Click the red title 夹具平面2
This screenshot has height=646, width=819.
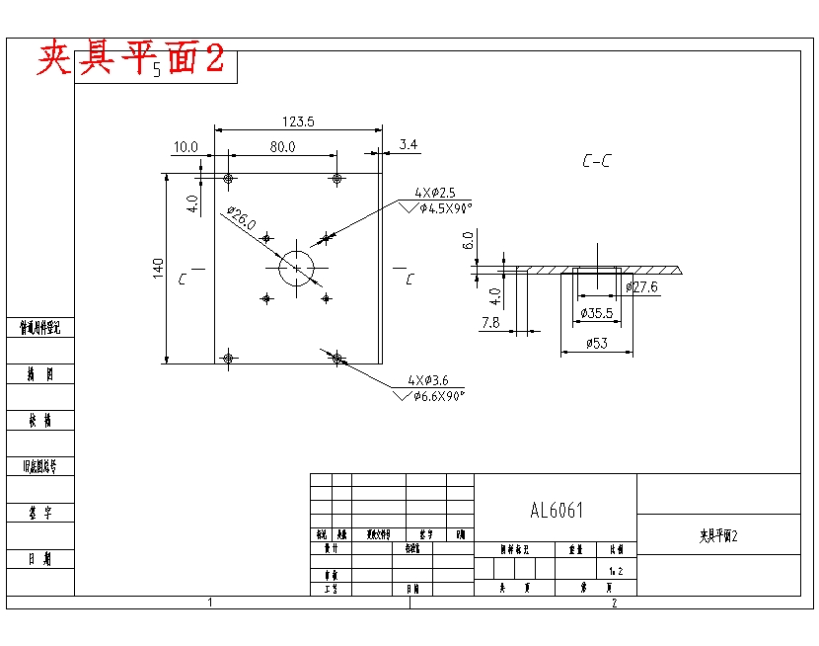[x=131, y=60]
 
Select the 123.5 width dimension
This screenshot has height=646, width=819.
[x=298, y=121]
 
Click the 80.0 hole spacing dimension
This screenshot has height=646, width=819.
[x=282, y=146]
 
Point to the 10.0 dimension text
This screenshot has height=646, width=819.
[x=186, y=146]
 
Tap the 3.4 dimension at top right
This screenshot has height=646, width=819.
[x=409, y=144]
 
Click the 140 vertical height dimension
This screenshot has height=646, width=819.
[x=158, y=269]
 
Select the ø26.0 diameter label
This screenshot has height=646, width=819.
[x=241, y=218]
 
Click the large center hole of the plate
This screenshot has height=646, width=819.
[x=297, y=269]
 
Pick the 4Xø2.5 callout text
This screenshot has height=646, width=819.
[x=435, y=192]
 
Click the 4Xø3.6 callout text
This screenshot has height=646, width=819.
[x=428, y=380]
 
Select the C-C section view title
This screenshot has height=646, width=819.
[x=595, y=160]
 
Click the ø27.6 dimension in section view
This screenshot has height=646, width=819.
[x=641, y=287]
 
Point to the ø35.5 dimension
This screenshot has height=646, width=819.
[x=596, y=313]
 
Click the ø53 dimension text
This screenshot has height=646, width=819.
[x=596, y=343]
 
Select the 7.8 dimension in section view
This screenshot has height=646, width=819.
[x=490, y=323]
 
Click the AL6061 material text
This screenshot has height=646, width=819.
[x=557, y=511]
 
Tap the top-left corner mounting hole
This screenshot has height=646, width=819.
[x=229, y=179]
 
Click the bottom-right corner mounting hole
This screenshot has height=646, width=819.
[x=337, y=358]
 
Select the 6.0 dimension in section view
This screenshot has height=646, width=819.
[x=469, y=240]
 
